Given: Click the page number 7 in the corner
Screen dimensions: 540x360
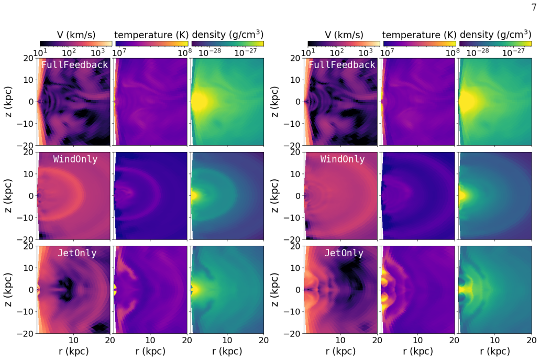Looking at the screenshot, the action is click(x=534, y=7).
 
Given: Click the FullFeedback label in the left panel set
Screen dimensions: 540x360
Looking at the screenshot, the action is click(x=75, y=65).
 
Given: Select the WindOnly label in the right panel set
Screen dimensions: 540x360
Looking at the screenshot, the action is click(x=343, y=159).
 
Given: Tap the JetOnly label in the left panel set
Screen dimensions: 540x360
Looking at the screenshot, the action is click(x=77, y=253).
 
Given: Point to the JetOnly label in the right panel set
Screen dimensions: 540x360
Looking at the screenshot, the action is click(x=344, y=253).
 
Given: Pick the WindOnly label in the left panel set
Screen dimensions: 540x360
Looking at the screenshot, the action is click(x=75, y=159).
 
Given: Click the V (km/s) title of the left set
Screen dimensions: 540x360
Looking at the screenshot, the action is click(x=76, y=35).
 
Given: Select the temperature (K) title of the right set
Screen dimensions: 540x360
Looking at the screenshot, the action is click(x=419, y=35).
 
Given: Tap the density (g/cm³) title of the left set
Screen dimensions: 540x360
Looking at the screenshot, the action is click(x=228, y=35).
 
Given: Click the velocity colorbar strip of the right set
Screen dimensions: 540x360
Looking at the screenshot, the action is click(x=344, y=43).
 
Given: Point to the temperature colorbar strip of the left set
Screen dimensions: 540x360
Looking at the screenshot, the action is click(x=152, y=43).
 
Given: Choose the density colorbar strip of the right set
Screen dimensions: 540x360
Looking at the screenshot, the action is click(x=495, y=43).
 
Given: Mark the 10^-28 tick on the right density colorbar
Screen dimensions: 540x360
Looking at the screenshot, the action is click(x=478, y=52).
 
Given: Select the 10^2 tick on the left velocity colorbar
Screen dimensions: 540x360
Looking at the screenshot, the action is click(x=69, y=52).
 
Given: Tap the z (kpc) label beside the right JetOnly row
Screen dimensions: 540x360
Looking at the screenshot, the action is click(x=274, y=290).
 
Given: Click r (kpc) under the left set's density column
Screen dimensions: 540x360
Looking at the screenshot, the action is click(x=227, y=351).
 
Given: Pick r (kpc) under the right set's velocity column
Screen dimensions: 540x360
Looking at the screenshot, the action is click(x=340, y=351).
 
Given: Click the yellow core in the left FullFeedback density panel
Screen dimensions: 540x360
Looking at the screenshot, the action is click(x=199, y=102).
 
